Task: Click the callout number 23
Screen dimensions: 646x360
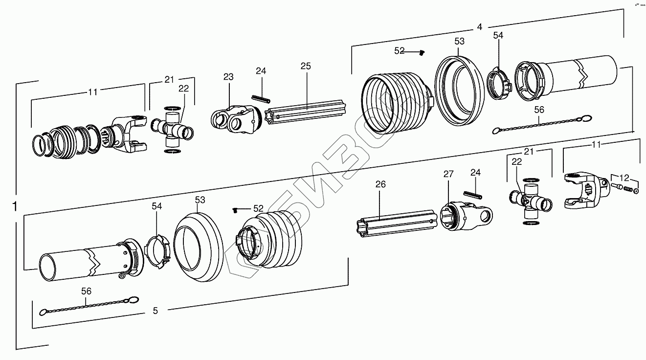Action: tap(228, 77)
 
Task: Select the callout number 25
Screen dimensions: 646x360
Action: tap(306, 66)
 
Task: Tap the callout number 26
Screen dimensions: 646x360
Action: tap(380, 184)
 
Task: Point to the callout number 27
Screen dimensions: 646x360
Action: tap(449, 174)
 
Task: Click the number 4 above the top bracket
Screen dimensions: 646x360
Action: tap(480, 27)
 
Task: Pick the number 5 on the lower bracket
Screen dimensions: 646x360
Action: tap(156, 310)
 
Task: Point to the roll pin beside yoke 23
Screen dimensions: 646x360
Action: tap(262, 98)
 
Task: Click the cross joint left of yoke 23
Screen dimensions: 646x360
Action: tap(174, 130)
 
